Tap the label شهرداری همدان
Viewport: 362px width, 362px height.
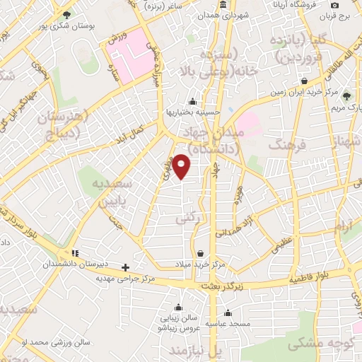222,15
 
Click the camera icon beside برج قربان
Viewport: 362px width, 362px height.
334,5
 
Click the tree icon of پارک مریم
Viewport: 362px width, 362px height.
346,96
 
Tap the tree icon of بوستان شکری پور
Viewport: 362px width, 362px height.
66,15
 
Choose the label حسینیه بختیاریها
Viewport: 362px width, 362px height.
193,112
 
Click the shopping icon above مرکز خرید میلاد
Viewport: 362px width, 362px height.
201,253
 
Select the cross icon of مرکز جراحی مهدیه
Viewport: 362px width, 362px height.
126,267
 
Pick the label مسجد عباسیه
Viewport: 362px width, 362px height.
227,323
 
